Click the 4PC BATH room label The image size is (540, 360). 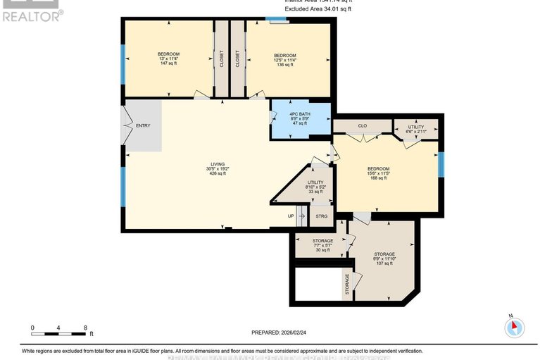(300, 118)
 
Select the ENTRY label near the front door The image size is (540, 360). (143, 125)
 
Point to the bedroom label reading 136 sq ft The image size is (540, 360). (284, 60)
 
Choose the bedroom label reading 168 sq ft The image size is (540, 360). (378, 173)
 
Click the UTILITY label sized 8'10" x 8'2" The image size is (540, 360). (315, 187)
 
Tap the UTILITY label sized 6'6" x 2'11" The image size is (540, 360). (416, 129)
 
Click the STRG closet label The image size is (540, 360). (322, 216)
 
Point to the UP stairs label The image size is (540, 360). (290, 216)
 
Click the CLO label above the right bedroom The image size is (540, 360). (363, 126)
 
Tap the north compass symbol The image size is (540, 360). (515, 326)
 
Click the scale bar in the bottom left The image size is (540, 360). (59, 329)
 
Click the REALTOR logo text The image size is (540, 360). (32, 14)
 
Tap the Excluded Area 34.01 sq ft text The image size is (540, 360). (318, 10)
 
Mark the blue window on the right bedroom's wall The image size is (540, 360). (441, 163)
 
